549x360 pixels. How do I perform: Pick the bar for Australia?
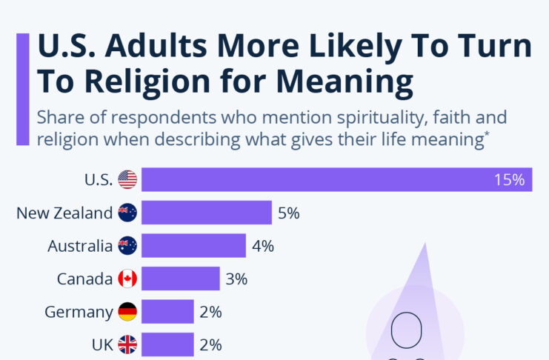(193, 246)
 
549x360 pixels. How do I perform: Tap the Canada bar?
(180, 279)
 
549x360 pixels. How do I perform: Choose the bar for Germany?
(167, 312)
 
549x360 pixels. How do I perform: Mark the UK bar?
(167, 344)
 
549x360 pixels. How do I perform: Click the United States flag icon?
(127, 179)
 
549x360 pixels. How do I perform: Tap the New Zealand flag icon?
(127, 213)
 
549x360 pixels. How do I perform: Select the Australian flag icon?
(127, 246)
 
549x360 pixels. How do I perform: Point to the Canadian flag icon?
(127, 279)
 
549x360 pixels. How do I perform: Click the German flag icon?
(127, 312)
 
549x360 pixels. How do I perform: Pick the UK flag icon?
(127, 344)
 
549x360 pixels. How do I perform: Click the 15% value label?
(509, 179)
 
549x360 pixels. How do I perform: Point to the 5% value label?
(288, 213)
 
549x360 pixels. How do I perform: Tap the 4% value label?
(263, 246)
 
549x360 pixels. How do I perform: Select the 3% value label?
(236, 279)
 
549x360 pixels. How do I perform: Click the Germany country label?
(79, 312)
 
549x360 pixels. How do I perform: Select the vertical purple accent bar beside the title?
(23, 88)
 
